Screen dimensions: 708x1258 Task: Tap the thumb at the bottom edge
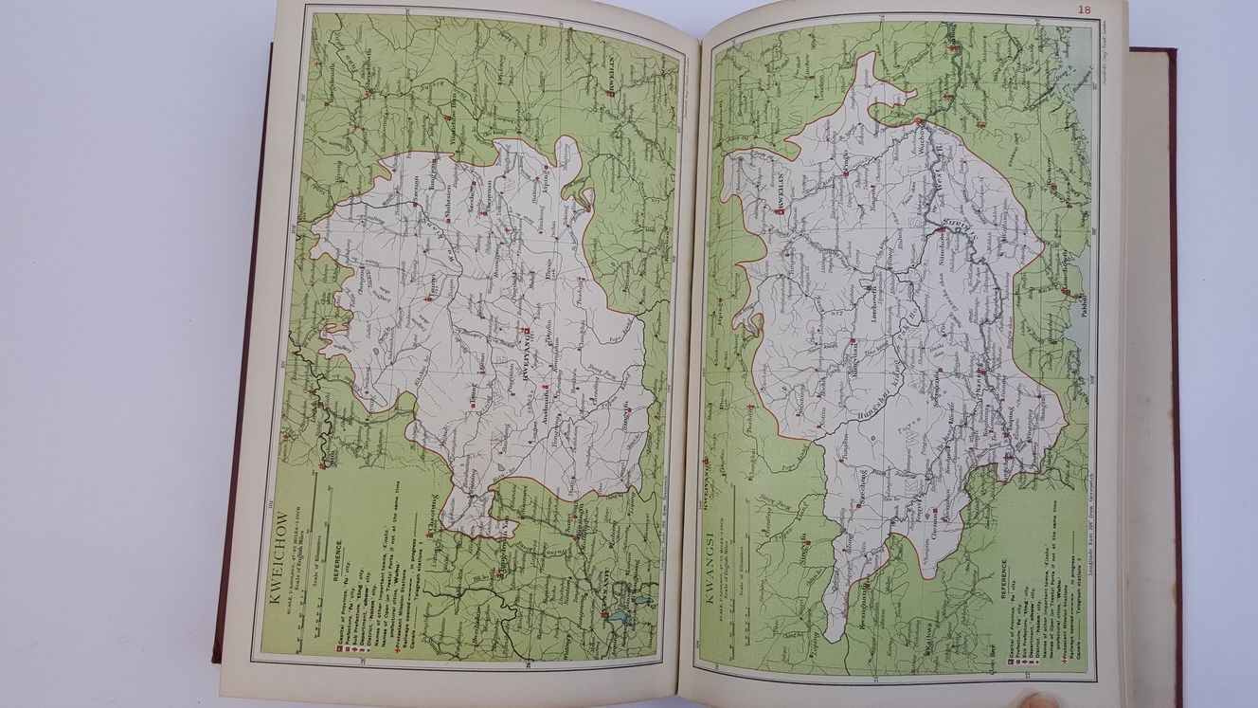coord(1033,700)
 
